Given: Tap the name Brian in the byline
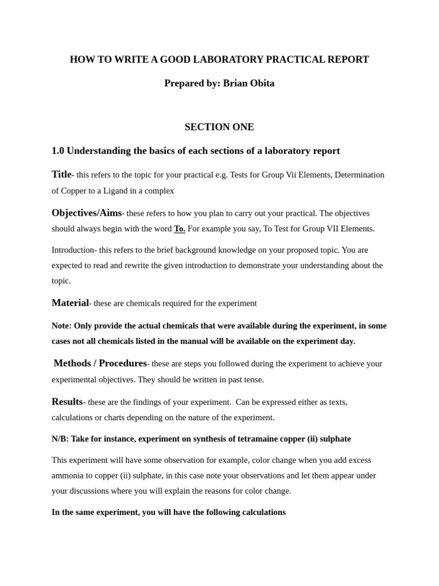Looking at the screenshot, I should click(234, 83).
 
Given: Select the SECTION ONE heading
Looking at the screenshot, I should click(219, 127).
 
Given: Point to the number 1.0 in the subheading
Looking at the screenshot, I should click(58, 151).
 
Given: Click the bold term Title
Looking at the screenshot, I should click(61, 175).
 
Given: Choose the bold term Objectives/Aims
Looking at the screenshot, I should click(86, 213).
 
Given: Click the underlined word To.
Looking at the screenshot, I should click(179, 229).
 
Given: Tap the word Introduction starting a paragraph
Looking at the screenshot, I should click(73, 250).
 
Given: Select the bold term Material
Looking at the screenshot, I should click(70, 303).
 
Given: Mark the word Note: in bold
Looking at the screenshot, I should click(61, 326).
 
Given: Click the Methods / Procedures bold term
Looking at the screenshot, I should click(100, 363).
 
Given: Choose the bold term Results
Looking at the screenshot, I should click(67, 402).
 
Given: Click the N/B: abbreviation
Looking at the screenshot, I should click(59, 439).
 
